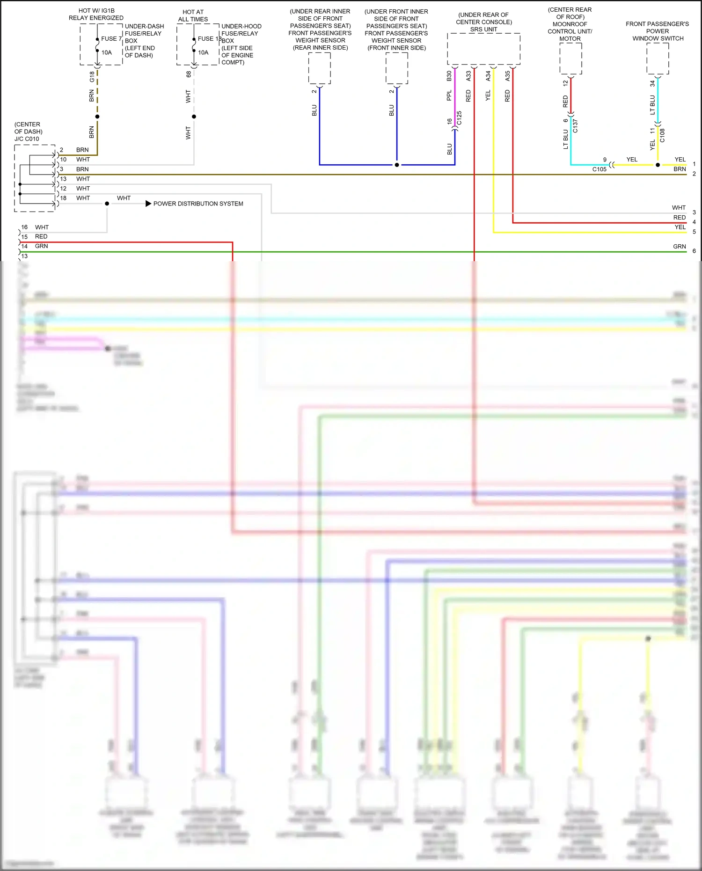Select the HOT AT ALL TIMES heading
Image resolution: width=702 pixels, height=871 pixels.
tap(193, 16)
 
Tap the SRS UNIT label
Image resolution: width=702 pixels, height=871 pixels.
tap(483, 29)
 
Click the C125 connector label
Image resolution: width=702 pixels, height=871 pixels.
tap(459, 118)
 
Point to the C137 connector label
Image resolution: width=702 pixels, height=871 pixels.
tap(575, 126)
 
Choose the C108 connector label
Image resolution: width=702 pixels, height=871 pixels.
tap(662, 136)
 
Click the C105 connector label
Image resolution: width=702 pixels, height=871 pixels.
tap(599, 169)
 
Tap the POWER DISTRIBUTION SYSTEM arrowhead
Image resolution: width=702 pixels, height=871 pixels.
tap(148, 204)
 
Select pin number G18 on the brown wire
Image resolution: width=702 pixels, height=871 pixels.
tap(92, 76)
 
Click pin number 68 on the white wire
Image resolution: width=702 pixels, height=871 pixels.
tap(188, 74)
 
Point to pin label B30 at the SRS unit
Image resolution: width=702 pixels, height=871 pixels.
tap(449, 76)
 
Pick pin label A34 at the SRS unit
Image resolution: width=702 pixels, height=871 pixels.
tap(488, 76)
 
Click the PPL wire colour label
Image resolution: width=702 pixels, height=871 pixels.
tap(449, 95)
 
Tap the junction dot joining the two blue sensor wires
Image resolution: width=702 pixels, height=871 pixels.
tap(397, 165)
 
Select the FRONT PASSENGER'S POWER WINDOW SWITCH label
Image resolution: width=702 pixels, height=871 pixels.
tap(657, 31)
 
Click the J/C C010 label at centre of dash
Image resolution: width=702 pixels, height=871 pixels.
tap(27, 139)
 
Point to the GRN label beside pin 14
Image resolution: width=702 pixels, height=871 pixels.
tap(41, 246)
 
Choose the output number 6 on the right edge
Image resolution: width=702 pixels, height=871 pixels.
tap(694, 251)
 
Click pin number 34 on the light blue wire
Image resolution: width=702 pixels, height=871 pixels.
tap(652, 84)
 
